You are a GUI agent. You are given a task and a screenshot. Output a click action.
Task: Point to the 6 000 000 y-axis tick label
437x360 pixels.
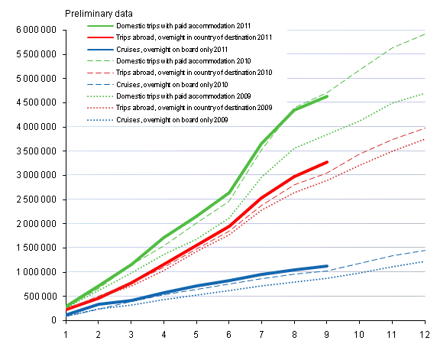(x=31, y=30)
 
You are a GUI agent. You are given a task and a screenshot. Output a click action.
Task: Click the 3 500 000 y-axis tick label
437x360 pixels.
(x=31, y=151)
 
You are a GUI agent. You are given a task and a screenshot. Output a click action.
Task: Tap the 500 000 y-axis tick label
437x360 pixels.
(x=37, y=296)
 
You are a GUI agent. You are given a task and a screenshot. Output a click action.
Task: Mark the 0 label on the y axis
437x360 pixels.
(x=54, y=320)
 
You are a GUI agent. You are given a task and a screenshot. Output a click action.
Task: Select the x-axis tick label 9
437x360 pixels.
(x=327, y=333)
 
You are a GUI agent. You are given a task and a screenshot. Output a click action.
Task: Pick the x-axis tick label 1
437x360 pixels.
(x=66, y=333)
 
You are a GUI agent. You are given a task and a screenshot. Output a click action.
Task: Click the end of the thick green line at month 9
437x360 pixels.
(x=327, y=96)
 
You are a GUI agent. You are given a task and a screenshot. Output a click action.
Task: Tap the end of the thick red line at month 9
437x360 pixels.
(x=327, y=162)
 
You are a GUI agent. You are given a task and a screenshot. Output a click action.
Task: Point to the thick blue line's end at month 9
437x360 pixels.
(x=327, y=266)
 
